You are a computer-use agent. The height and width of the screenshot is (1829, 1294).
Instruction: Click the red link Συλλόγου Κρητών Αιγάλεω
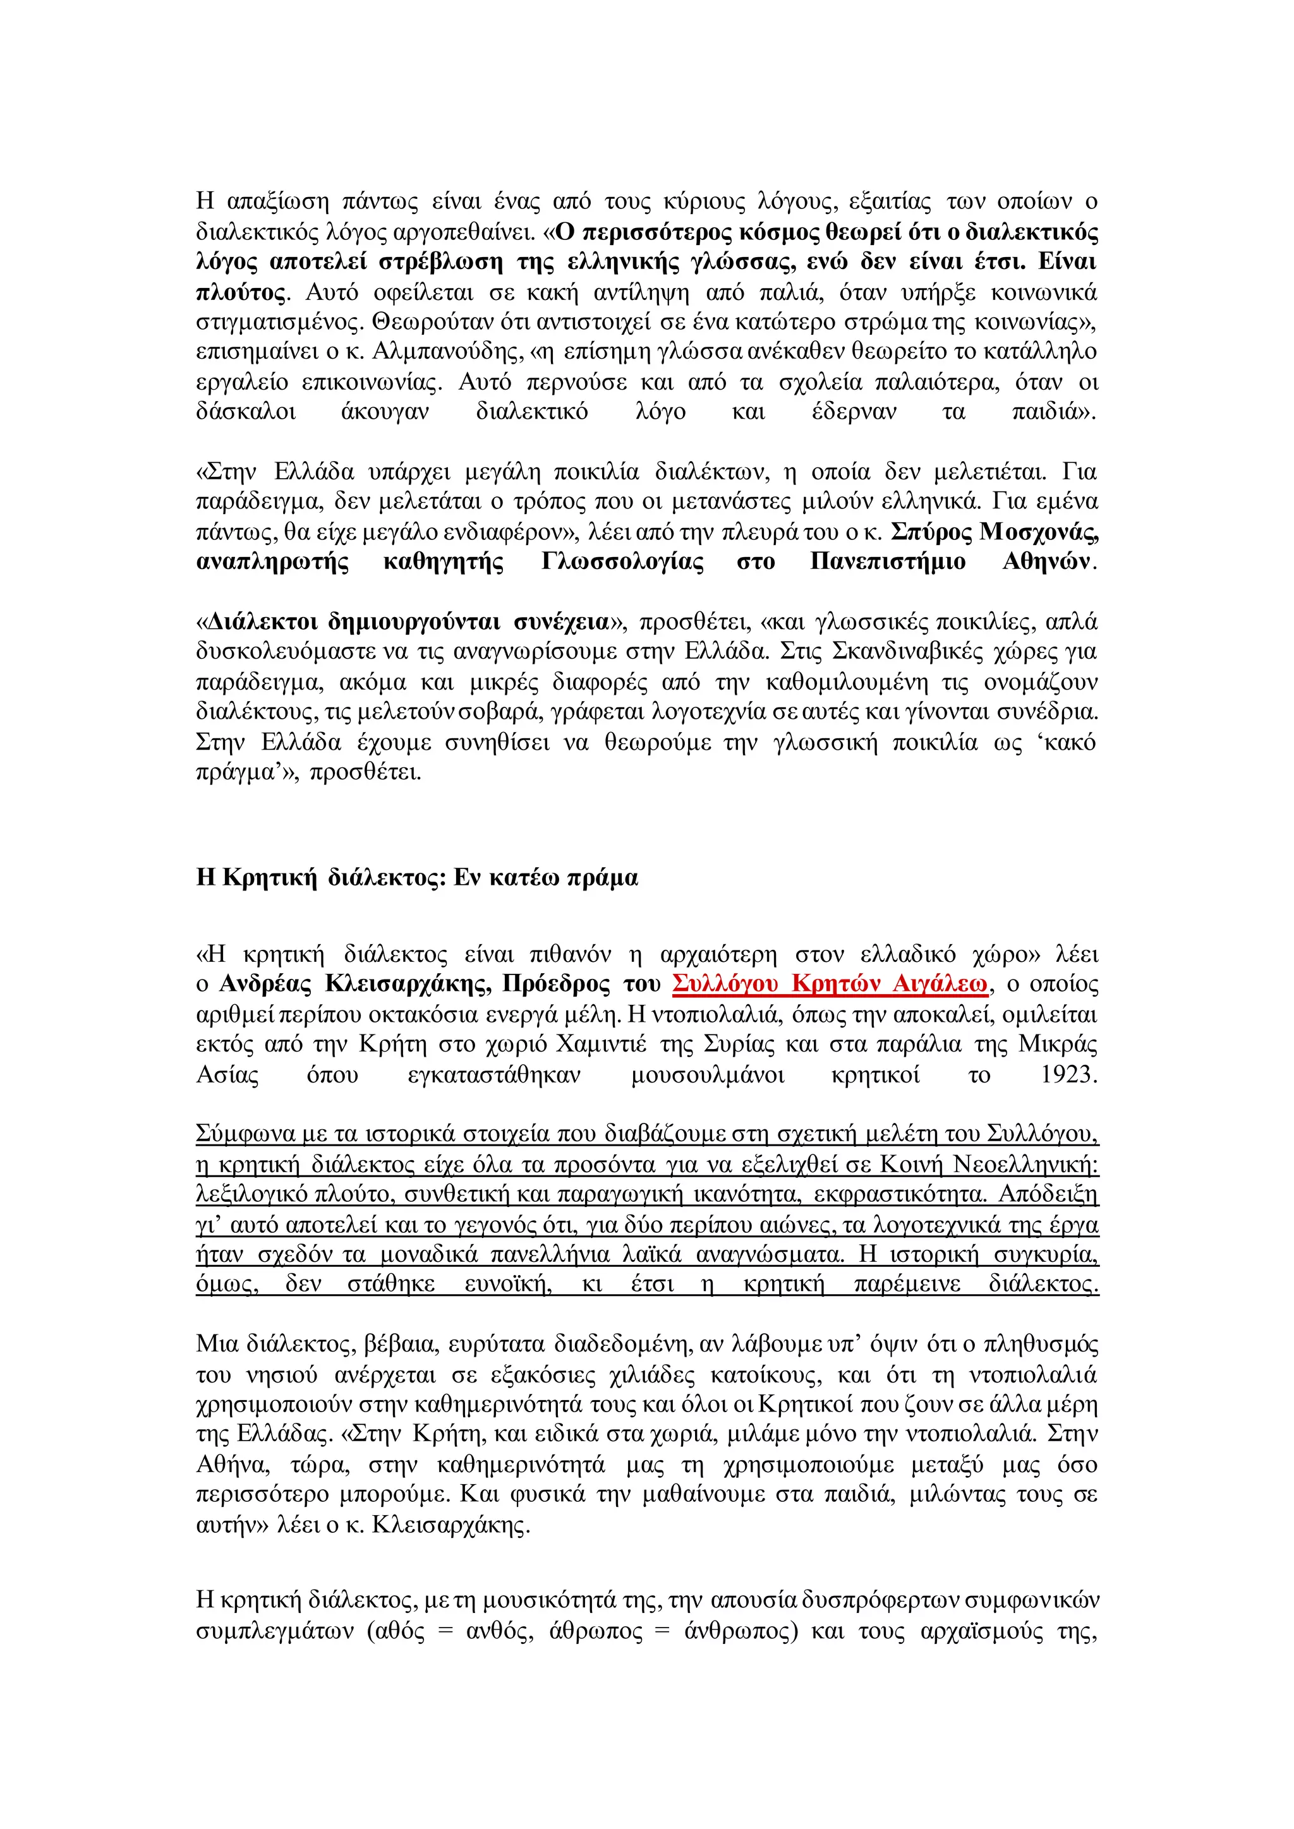click(x=830, y=984)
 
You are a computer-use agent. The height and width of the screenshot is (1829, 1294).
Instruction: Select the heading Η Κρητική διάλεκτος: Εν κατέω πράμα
click(x=417, y=877)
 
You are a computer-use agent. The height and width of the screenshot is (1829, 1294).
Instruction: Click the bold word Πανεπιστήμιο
click(x=888, y=561)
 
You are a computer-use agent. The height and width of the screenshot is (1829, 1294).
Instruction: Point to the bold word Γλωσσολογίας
click(x=622, y=561)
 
